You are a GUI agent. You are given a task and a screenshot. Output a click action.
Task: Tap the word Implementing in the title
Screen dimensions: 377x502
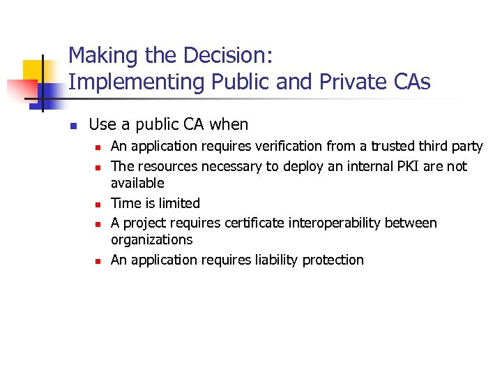(121, 83)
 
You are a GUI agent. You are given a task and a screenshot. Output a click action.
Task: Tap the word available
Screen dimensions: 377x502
(137, 184)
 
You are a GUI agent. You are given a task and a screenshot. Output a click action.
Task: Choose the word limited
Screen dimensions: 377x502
(176, 204)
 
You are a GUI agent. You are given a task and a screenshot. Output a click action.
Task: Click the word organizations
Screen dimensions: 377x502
(151, 240)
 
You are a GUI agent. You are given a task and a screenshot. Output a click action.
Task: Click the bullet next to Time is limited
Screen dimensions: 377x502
(98, 205)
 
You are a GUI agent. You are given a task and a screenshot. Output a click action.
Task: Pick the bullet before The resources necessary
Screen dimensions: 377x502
(98, 168)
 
